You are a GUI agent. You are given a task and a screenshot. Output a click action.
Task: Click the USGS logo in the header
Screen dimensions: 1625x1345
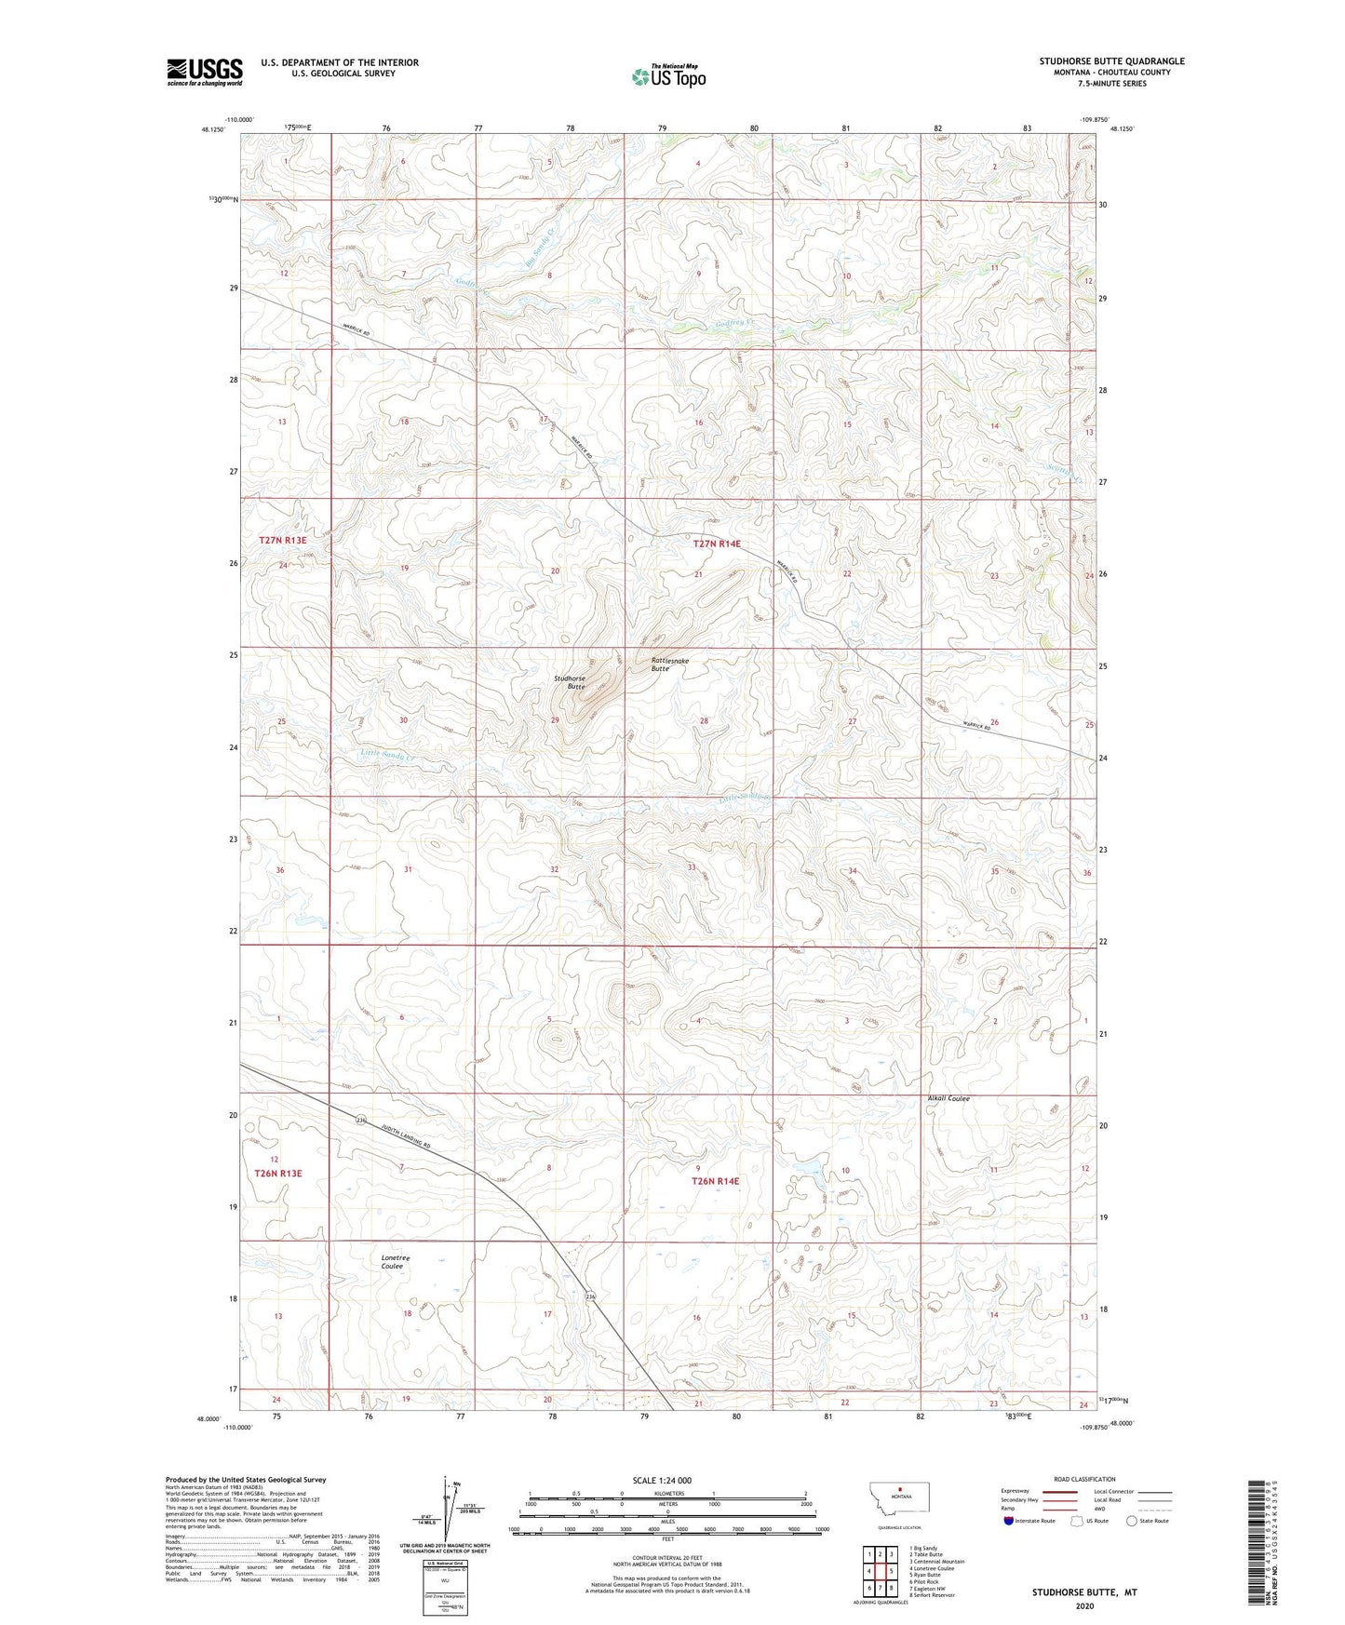click(x=205, y=72)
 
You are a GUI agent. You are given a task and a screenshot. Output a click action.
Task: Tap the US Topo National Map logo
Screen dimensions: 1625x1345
click(x=668, y=76)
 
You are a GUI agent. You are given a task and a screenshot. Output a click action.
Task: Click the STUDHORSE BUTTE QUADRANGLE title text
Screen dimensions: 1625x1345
click(x=1111, y=61)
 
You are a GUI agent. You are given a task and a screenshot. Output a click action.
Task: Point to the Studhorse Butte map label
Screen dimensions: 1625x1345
click(x=570, y=683)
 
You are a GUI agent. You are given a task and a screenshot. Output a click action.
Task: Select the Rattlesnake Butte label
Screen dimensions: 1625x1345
click(x=669, y=665)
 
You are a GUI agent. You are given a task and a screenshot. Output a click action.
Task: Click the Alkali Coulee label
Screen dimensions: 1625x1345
click(x=948, y=1098)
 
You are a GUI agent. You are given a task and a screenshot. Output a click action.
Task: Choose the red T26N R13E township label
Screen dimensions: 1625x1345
click(x=278, y=1174)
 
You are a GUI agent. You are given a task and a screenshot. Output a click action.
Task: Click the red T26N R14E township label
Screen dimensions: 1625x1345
click(x=715, y=1181)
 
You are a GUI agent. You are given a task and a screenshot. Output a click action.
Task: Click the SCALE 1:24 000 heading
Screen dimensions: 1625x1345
click(x=662, y=1480)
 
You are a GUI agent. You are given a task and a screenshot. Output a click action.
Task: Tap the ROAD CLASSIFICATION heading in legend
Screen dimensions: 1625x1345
click(x=1084, y=1479)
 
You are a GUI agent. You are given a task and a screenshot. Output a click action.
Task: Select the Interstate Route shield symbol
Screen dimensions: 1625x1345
click(x=1009, y=1521)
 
